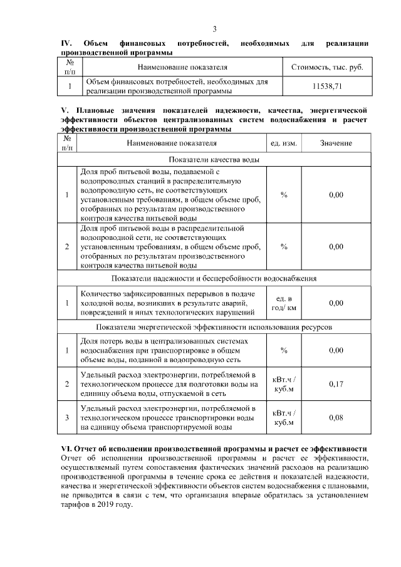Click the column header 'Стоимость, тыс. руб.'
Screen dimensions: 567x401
[327, 66]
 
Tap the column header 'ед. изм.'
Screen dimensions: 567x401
[283, 143]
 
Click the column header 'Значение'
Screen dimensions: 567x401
[336, 143]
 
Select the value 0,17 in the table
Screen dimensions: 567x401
[336, 384]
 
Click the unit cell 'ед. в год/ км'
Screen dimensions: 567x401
[283, 303]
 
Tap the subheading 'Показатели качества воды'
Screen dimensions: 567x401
[214, 160]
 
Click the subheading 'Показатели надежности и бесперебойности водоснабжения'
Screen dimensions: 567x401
[214, 278]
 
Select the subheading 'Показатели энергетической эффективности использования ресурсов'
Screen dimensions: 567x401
[214, 327]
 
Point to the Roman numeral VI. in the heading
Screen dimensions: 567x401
[66, 449]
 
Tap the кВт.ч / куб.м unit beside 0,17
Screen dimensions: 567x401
[283, 384]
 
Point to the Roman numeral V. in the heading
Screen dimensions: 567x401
[63, 110]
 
